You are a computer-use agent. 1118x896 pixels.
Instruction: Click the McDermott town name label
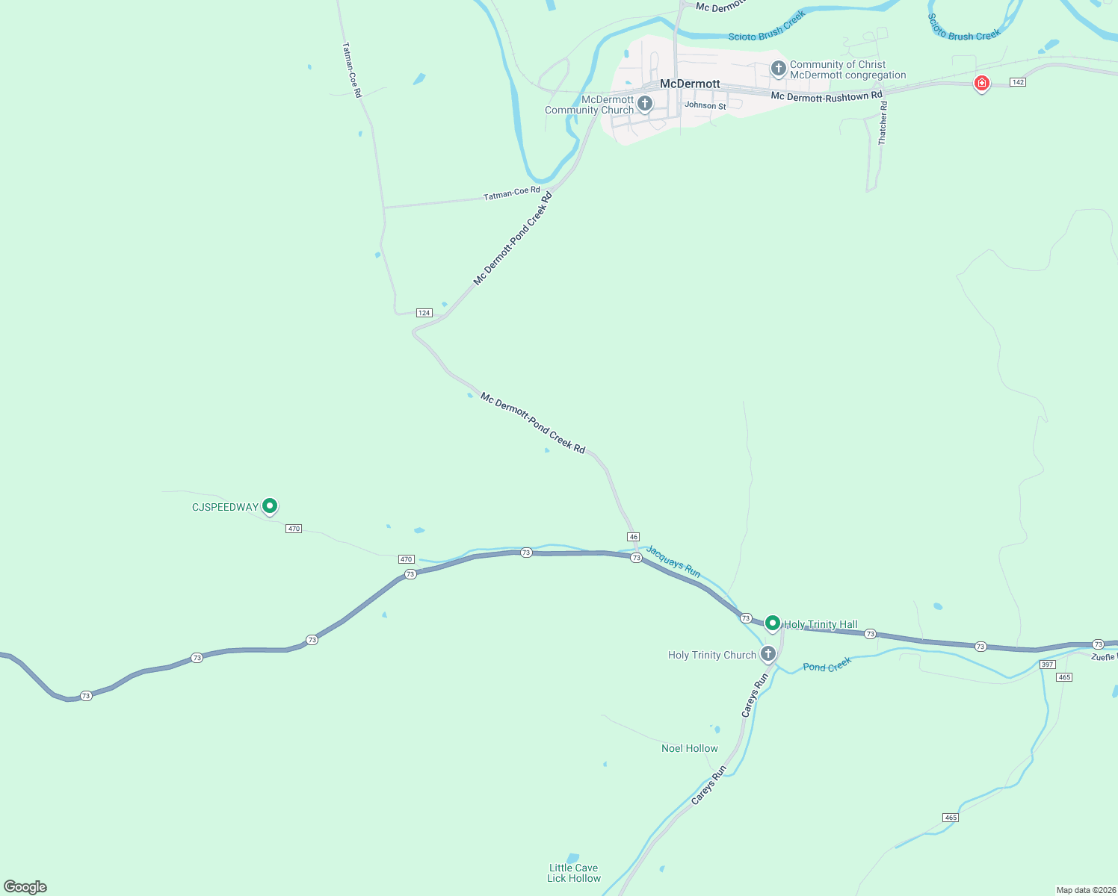690,84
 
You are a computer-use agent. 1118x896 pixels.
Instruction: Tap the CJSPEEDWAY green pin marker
270,506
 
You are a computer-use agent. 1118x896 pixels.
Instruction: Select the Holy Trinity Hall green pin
773,623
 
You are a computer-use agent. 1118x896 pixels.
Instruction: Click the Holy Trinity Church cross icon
768,654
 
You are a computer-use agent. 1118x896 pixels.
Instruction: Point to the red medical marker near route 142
982,83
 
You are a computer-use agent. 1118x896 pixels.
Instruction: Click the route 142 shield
1017,82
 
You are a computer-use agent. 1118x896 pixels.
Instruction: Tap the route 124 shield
424,313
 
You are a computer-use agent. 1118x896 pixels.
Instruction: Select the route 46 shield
634,537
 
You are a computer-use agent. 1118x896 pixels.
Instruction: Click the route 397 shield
1047,665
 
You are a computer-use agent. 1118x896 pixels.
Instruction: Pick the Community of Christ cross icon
778,69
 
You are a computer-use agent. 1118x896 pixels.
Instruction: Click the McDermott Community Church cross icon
645,103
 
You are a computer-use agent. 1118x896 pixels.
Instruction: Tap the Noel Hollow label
689,748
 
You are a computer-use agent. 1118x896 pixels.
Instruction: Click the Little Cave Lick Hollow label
573,873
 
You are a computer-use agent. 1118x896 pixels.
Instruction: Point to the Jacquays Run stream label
673,561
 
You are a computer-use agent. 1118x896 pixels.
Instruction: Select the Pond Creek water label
827,665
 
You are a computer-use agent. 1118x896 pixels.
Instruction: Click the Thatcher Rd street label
883,123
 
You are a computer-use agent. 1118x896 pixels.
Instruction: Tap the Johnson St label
705,105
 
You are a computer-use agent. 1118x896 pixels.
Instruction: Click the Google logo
25,887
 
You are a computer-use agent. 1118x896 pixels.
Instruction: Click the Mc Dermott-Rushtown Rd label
827,96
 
